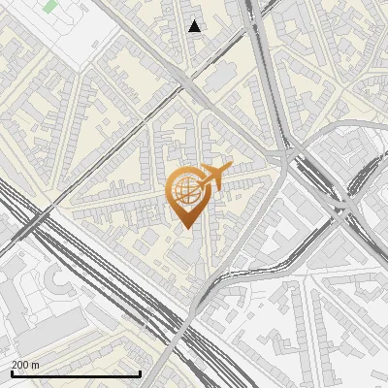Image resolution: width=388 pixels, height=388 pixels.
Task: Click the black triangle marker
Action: click(195, 26)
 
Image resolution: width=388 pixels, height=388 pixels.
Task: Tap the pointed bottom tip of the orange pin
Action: click(185, 228)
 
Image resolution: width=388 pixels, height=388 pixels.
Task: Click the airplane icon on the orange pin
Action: click(214, 176)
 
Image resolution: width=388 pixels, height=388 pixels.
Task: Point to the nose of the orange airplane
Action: click(230, 166)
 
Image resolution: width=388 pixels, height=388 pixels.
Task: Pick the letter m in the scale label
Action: click(36, 365)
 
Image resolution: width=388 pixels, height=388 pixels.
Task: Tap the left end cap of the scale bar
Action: click(12, 373)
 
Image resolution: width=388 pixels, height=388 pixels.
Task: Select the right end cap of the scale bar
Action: click(141, 373)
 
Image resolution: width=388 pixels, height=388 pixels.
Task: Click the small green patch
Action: click(49, 6)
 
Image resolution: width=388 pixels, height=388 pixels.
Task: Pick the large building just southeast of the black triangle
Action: click(219, 76)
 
